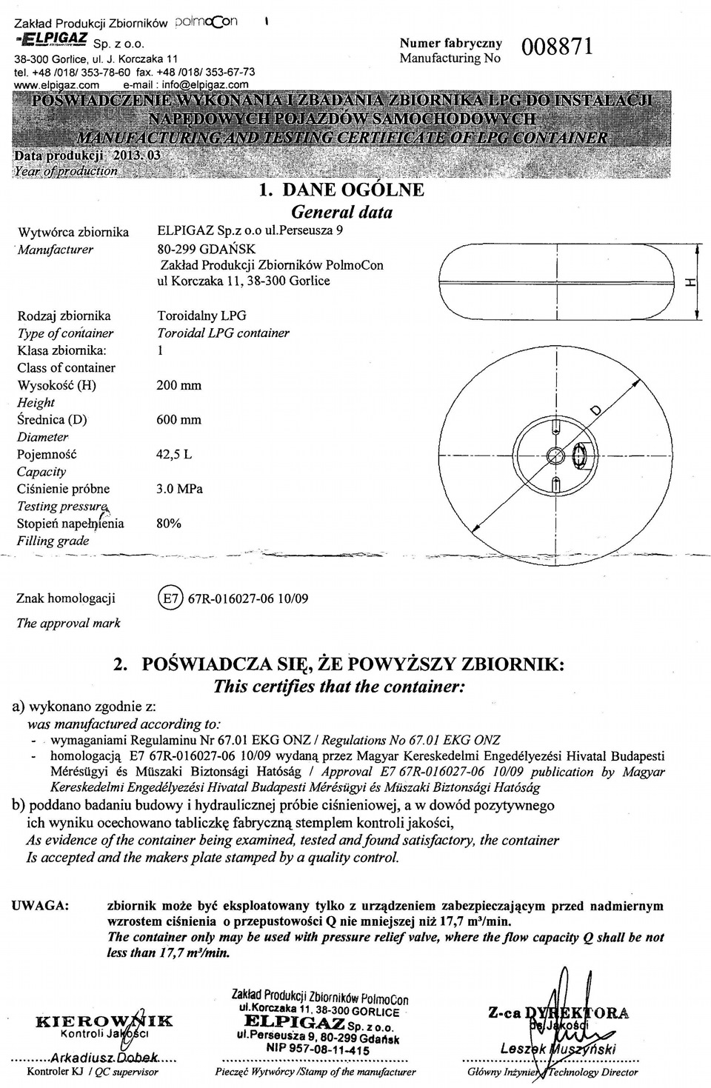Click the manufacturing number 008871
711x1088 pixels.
click(558, 48)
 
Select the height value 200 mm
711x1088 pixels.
click(178, 385)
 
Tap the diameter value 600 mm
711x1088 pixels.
click(178, 420)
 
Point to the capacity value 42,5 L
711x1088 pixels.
click(173, 454)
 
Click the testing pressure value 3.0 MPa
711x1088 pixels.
click(179, 489)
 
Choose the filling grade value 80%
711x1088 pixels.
click(169, 524)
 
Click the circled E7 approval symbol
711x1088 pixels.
click(170, 598)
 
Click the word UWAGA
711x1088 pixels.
click(41, 906)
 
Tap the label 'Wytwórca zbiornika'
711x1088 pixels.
click(73, 233)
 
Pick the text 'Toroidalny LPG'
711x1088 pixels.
click(201, 316)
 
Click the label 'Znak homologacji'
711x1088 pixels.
click(66, 598)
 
